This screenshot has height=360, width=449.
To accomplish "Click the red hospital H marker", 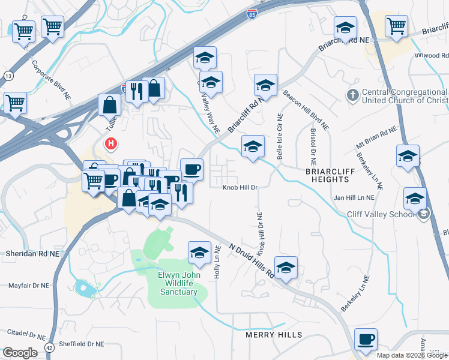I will [111, 144].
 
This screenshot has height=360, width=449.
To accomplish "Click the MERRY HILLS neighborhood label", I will [273, 334].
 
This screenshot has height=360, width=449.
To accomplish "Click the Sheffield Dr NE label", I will [79, 344].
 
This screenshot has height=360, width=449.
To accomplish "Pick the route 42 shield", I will [49, 347].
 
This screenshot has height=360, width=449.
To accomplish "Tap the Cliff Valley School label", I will [381, 214].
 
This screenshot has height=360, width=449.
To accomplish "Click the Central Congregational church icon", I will [354, 94].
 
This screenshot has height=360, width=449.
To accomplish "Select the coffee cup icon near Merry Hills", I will [366, 340].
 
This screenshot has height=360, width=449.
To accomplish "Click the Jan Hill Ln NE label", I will [354, 197].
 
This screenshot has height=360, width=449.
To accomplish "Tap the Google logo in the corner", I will [20, 353].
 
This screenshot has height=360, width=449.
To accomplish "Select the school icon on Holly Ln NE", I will [200, 253].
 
